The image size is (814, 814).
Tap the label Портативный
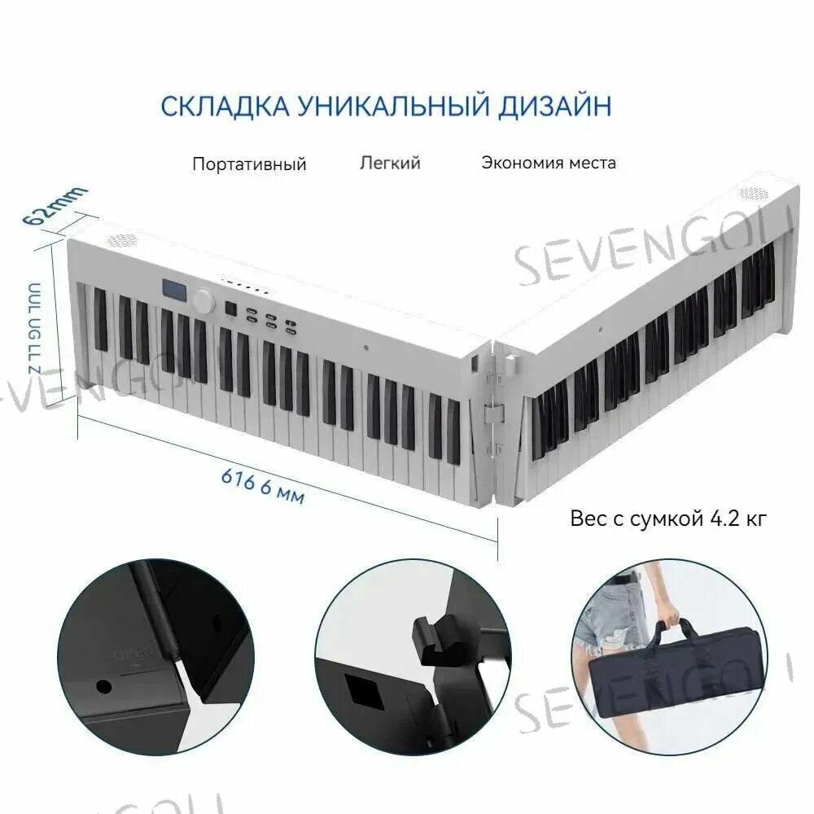pos(249,164)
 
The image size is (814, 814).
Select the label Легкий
pos(390,163)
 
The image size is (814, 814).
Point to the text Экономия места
pos(548,162)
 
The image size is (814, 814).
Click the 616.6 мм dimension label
pos(262,484)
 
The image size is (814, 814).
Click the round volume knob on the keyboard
pos(203,300)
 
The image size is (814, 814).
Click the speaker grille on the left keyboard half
pos(122,241)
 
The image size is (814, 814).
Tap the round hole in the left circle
pos(103,685)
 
